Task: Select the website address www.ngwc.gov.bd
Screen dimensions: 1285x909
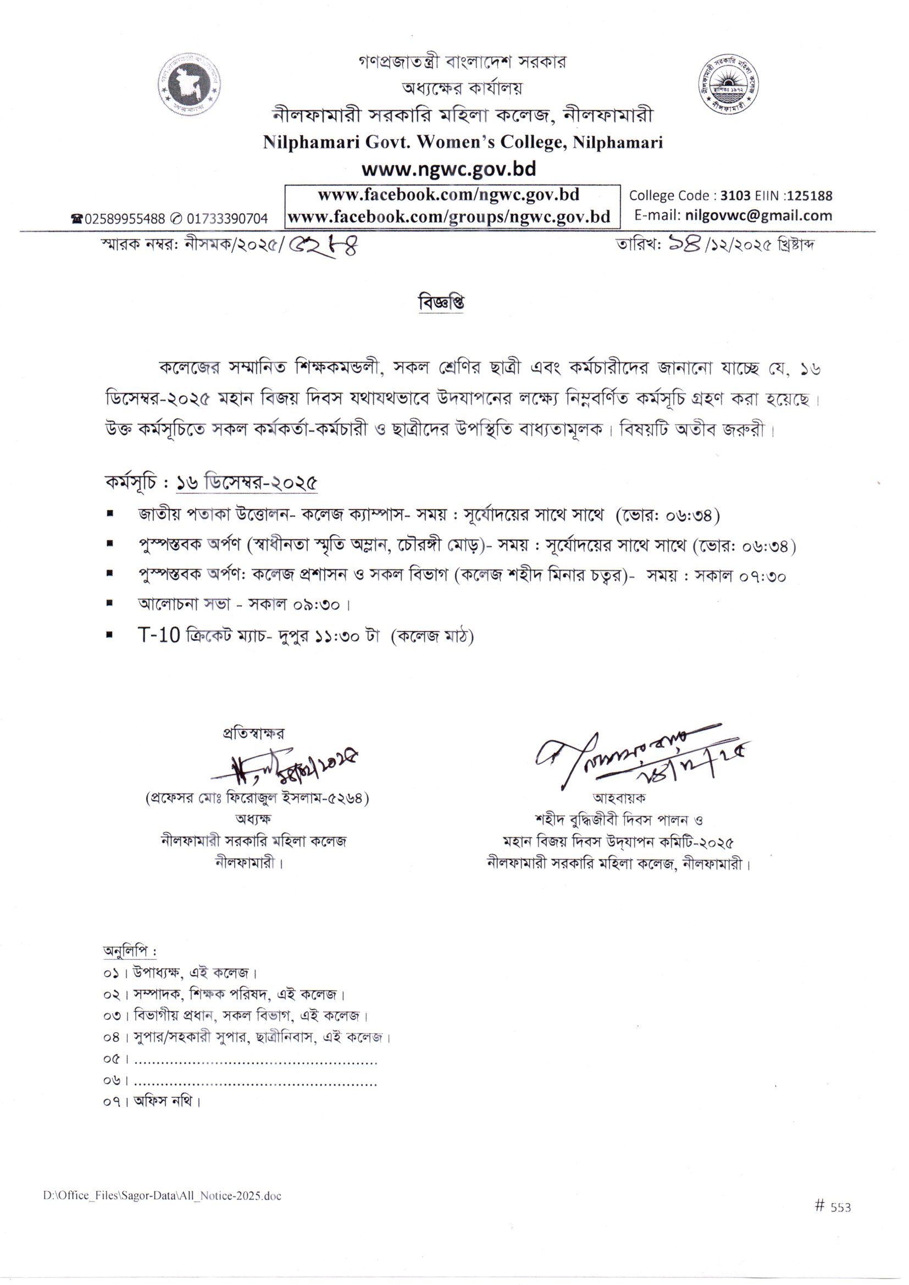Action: pyautogui.click(x=448, y=169)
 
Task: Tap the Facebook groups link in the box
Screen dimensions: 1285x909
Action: pyautogui.click(x=448, y=217)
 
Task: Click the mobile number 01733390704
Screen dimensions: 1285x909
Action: pyautogui.click(x=228, y=219)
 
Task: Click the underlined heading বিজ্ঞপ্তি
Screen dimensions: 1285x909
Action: pyautogui.click(x=441, y=303)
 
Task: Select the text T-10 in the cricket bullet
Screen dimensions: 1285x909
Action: pyautogui.click(x=159, y=635)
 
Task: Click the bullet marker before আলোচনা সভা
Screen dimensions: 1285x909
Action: pyautogui.click(x=110, y=603)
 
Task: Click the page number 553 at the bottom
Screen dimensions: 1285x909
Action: pyautogui.click(x=840, y=1223)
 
